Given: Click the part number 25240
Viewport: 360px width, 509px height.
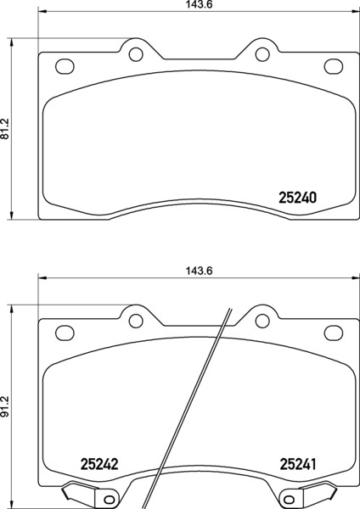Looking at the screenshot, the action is (x=298, y=198).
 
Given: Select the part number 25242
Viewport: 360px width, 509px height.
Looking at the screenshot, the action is (x=99, y=464).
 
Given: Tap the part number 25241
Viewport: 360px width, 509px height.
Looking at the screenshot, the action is (x=298, y=464).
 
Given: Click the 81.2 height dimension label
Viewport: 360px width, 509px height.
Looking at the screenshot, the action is (x=6, y=129).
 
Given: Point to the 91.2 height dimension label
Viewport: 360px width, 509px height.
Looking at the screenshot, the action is (x=6, y=406).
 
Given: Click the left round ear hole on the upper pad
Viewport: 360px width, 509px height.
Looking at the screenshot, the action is (x=136, y=54).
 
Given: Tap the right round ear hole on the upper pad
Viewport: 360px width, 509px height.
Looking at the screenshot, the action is (x=262, y=54).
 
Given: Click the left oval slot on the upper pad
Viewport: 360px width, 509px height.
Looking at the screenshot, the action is (x=65, y=66).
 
